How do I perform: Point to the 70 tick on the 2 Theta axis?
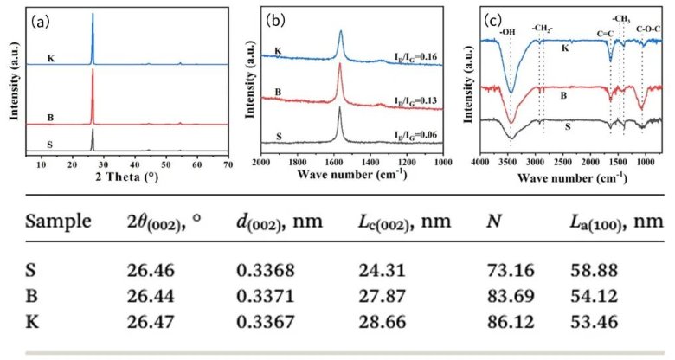228,163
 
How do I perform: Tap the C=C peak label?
606,34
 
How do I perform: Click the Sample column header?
60,221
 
